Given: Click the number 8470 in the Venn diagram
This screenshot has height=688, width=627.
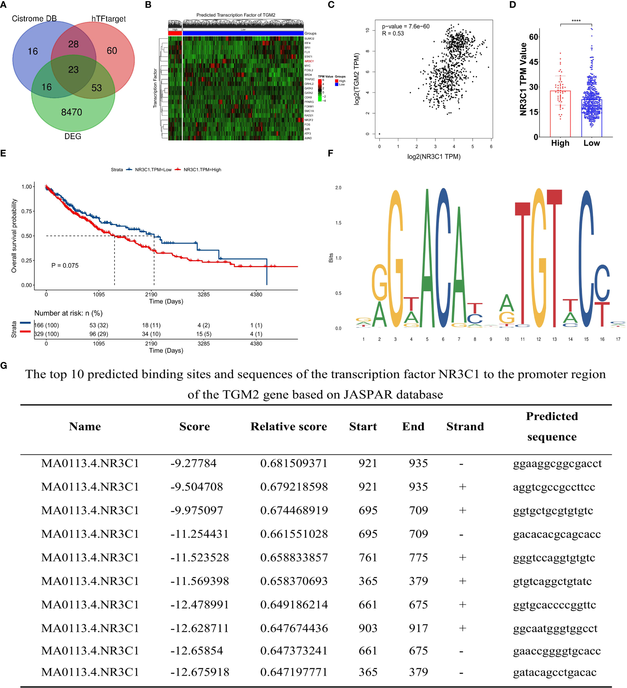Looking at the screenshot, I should pyautogui.click(x=71, y=112).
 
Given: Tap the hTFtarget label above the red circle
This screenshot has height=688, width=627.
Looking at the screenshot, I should pyautogui.click(x=108, y=19).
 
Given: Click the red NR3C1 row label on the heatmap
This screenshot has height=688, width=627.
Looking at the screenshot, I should pyautogui.click(x=309, y=61).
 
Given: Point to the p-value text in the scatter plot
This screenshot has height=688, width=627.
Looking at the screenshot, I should pyautogui.click(x=406, y=26).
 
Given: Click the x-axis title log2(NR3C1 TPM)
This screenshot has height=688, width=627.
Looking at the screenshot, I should pyautogui.click(x=434, y=157).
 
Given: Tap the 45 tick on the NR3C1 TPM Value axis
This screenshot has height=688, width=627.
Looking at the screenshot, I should pyautogui.click(x=533, y=62).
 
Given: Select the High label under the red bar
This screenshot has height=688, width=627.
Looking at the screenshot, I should pyautogui.click(x=560, y=143).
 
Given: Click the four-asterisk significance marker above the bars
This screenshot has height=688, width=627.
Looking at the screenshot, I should pyautogui.click(x=576, y=21).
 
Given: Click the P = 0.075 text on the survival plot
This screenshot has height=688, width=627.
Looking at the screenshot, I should pyautogui.click(x=65, y=266).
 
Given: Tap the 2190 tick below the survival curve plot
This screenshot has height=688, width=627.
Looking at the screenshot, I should pyautogui.click(x=151, y=294).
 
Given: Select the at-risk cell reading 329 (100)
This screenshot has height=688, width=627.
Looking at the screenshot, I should pyautogui.click(x=47, y=334).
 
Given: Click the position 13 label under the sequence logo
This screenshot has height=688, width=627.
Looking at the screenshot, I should pyautogui.click(x=554, y=339).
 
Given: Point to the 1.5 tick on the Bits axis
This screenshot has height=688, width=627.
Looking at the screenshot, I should pyautogui.click(x=338, y=223).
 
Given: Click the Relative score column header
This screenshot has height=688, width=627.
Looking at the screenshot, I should pyautogui.click(x=288, y=427).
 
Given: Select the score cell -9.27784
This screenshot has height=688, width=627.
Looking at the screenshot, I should pyautogui.click(x=193, y=463).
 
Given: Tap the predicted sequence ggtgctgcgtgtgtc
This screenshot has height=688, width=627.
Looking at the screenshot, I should pyautogui.click(x=553, y=510).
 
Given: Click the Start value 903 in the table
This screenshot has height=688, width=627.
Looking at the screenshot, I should pyautogui.click(x=368, y=628).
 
